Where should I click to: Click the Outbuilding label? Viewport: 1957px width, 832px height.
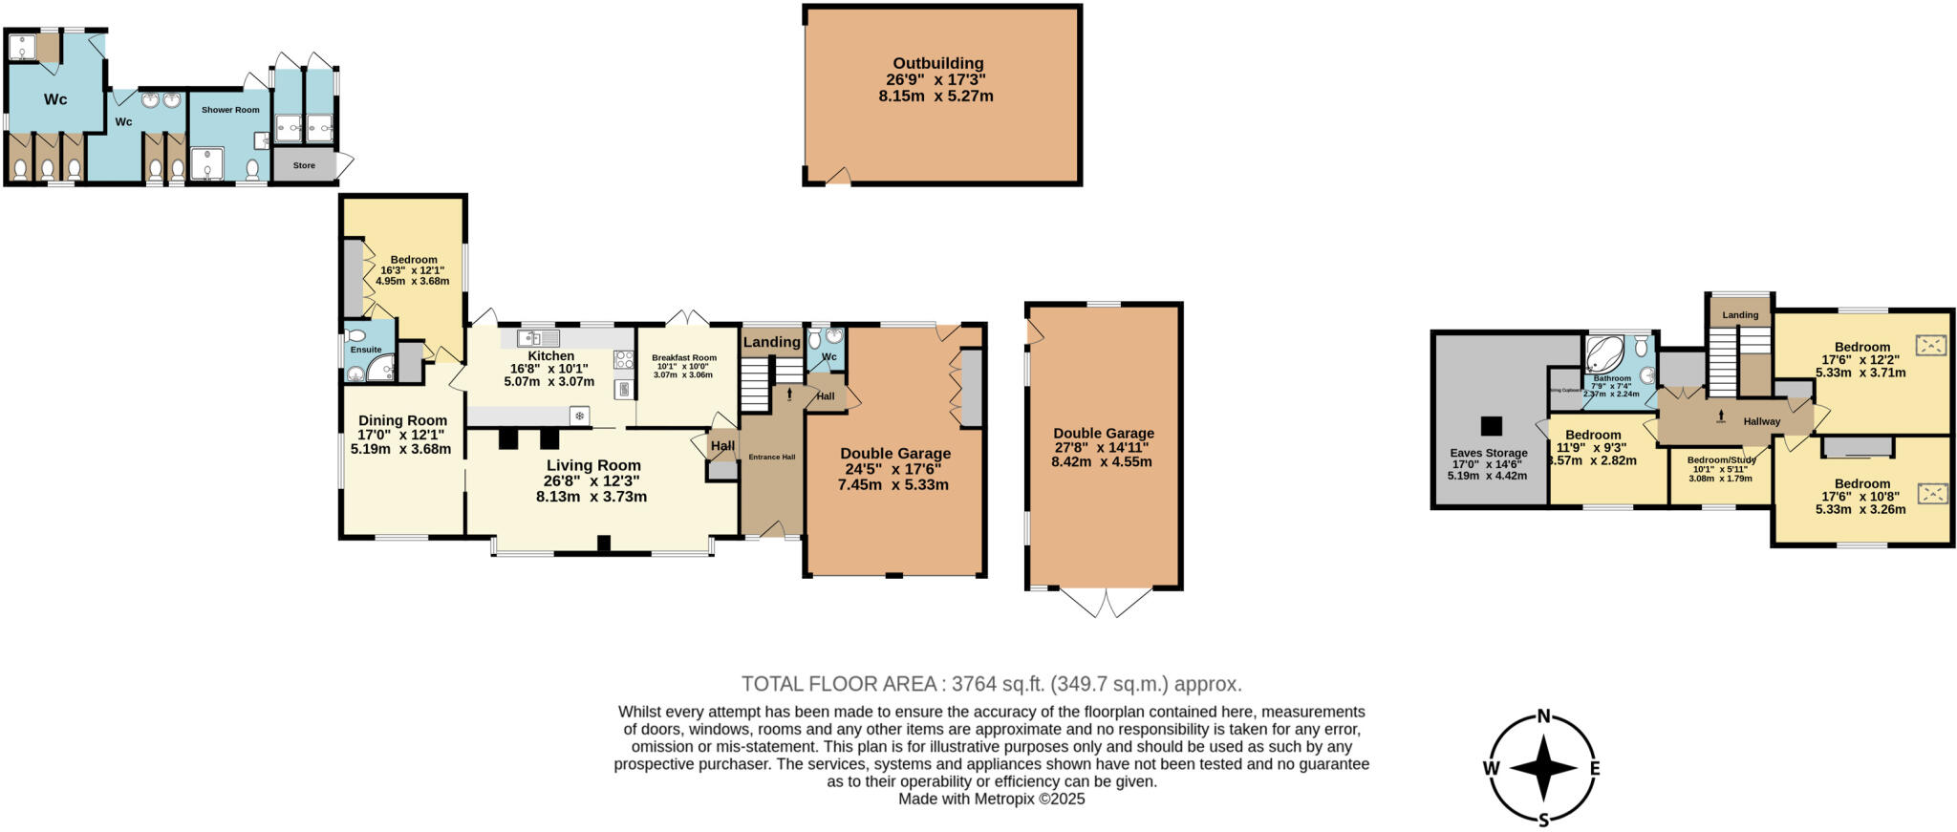(x=937, y=64)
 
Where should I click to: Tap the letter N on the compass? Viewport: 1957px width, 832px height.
(x=1542, y=716)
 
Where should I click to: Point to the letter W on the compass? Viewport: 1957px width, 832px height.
(x=1491, y=768)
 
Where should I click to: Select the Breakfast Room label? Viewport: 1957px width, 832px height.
(x=683, y=358)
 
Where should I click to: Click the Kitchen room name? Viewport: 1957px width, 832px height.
(x=551, y=355)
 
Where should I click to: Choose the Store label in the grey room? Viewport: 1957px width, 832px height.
(x=304, y=166)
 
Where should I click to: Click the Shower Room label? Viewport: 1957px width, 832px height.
(x=230, y=110)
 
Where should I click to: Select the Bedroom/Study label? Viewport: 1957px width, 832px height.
(x=1721, y=459)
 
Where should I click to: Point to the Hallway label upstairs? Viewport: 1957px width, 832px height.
(x=1761, y=421)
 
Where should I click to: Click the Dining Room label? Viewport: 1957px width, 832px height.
(x=402, y=420)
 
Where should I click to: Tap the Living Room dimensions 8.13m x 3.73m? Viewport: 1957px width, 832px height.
(x=591, y=497)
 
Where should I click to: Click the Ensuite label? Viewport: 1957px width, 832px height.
(x=366, y=350)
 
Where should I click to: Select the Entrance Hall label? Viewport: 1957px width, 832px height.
(x=771, y=458)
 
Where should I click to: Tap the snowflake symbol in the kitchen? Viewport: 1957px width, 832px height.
(x=579, y=416)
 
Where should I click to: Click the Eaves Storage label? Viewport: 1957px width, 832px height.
(x=1489, y=453)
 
